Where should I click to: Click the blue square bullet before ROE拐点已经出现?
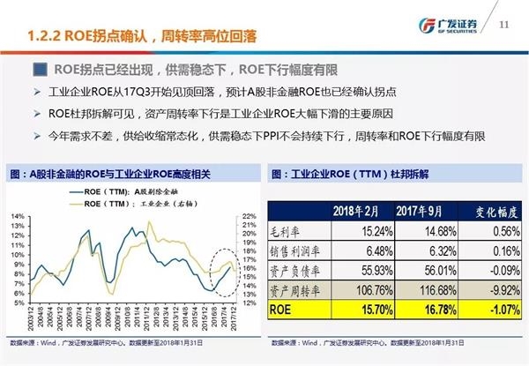click(40, 70)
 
